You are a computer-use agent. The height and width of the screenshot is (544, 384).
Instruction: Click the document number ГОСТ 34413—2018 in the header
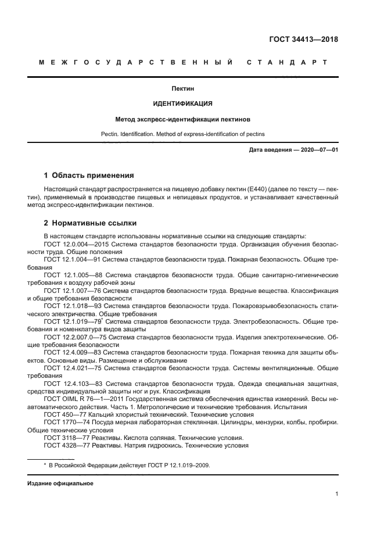(x=303, y=40)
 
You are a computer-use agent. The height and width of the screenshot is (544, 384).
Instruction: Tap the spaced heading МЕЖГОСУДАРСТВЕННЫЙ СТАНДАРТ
(x=182, y=62)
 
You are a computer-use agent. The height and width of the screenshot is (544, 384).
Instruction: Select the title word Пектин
(x=182, y=89)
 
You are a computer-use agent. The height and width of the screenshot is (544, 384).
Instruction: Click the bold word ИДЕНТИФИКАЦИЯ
(x=182, y=103)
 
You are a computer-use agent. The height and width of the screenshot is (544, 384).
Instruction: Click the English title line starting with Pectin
(x=182, y=134)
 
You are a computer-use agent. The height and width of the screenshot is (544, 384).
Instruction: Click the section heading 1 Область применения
(x=89, y=175)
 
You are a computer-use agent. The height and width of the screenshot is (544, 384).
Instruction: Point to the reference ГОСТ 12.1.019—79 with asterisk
(x=73, y=320)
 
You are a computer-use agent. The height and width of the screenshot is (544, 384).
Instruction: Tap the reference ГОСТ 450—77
(x=63, y=415)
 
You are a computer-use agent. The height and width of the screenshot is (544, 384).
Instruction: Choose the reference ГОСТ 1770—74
(x=64, y=423)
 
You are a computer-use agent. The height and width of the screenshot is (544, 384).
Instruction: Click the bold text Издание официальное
(x=60, y=484)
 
